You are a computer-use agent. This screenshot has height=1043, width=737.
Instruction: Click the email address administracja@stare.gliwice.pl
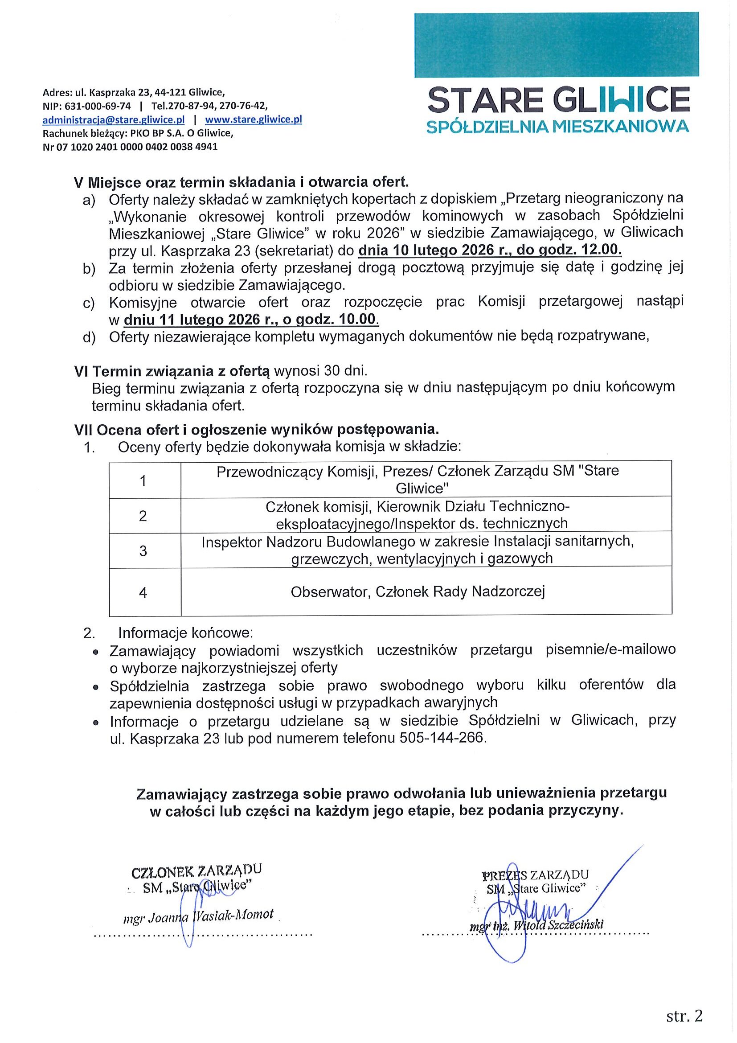113,120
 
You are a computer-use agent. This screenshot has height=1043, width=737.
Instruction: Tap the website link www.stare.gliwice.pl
254,120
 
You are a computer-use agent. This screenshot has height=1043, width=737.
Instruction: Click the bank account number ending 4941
130,147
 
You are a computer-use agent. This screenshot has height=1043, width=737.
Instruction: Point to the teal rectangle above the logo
556,45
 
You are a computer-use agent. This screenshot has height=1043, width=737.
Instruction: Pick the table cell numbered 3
143,551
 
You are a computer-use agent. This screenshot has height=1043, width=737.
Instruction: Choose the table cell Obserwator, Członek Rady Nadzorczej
418,591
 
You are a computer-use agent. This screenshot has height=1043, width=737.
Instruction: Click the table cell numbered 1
143,480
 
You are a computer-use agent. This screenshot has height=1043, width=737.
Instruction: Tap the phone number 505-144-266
442,738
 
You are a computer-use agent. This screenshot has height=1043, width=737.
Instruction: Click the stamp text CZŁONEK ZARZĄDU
196,871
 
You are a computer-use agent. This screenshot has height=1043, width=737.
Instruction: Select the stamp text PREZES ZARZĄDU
536,875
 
